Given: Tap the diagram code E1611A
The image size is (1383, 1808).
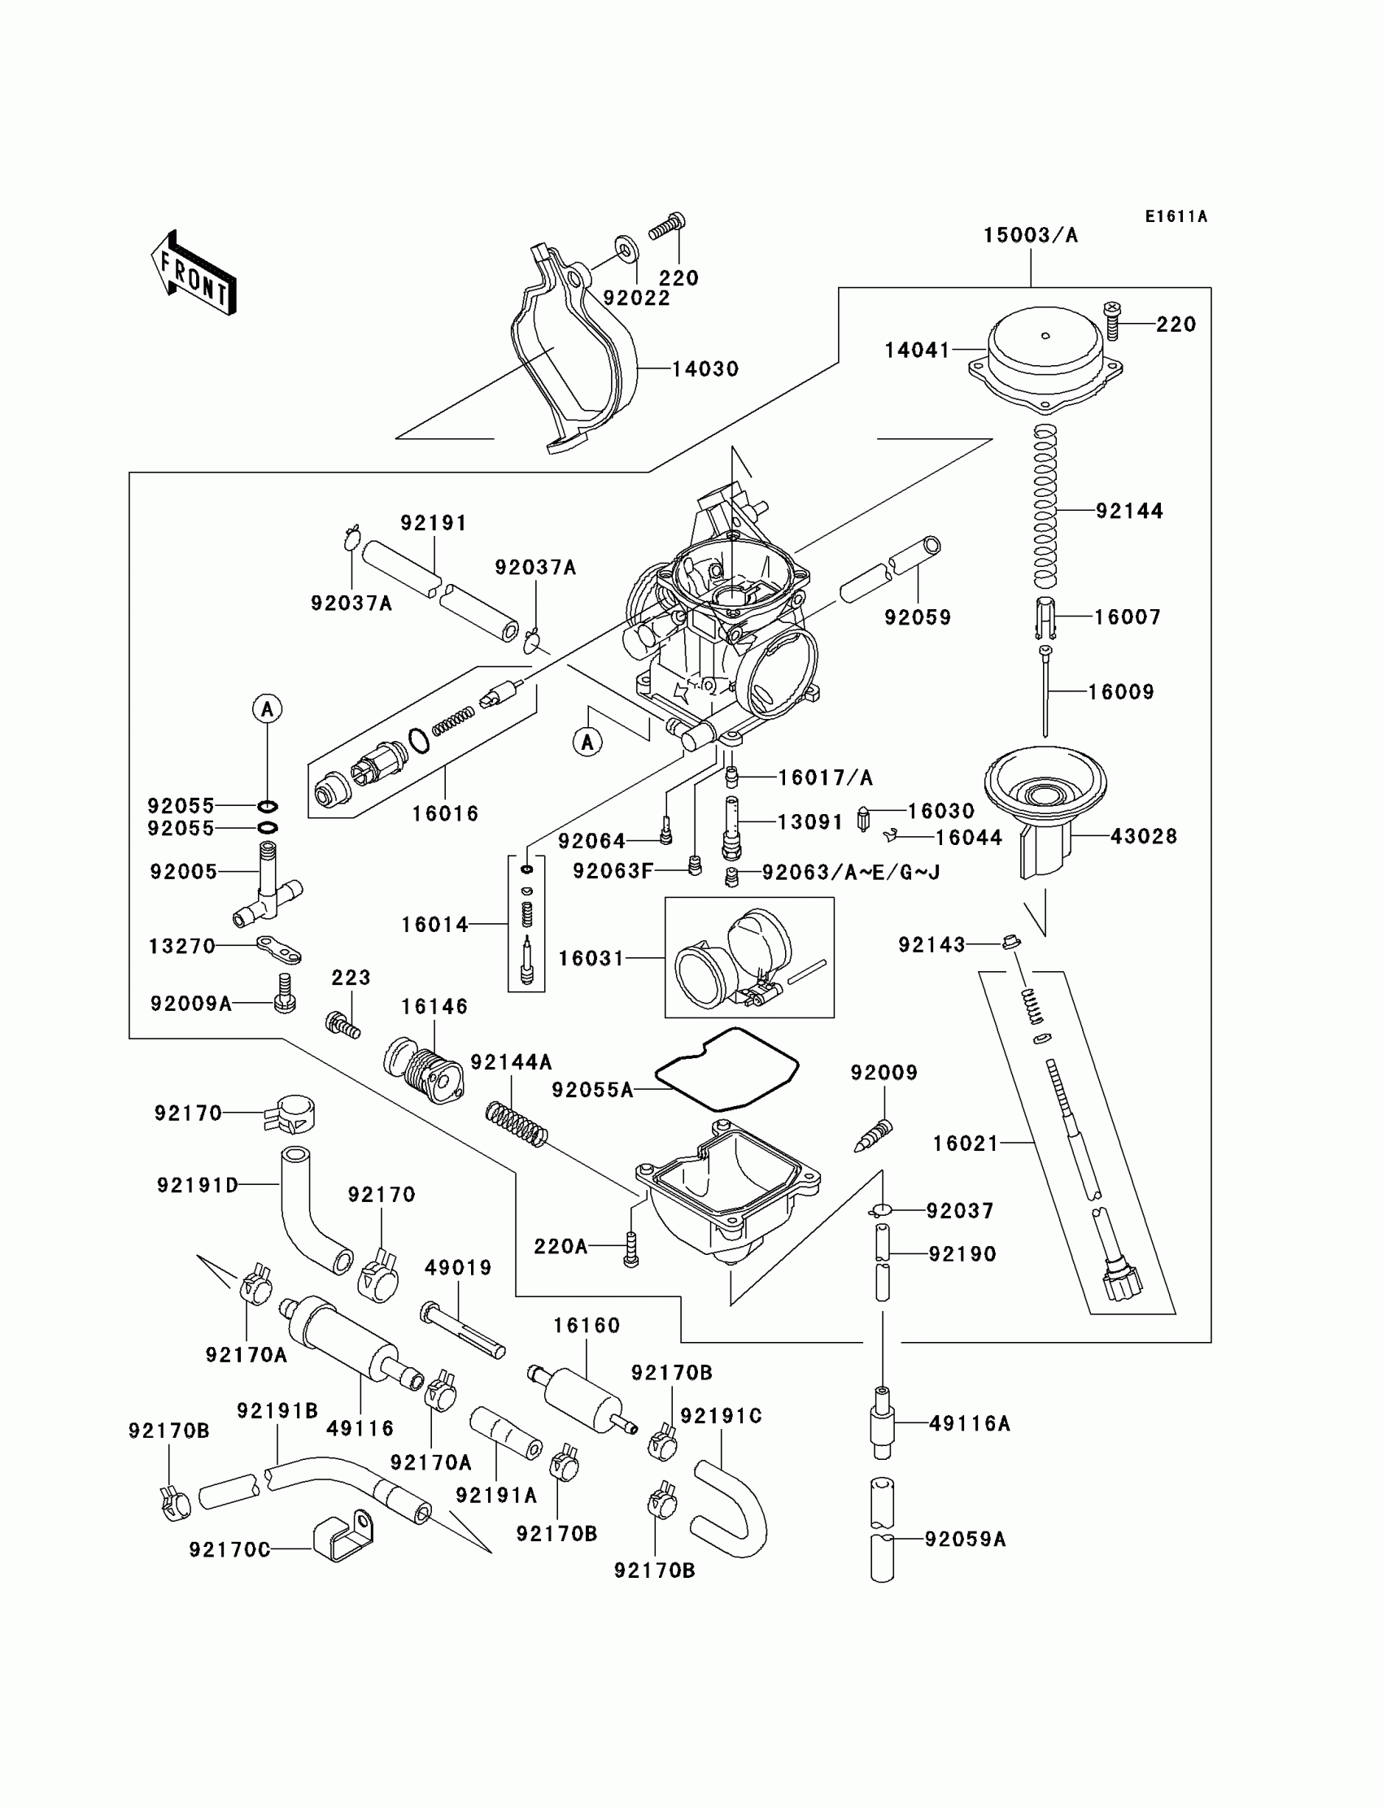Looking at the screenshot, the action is click(x=1176, y=216).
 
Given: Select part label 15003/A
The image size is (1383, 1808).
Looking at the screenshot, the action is click(x=1031, y=235).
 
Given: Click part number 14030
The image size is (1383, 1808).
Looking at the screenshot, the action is click(x=705, y=368).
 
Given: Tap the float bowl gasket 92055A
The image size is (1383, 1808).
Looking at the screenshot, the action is click(x=727, y=1069).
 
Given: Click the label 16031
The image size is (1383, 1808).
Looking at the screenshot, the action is click(x=591, y=958).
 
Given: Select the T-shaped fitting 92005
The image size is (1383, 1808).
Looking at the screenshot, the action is click(x=268, y=885).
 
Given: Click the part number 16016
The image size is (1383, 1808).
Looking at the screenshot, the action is click(x=445, y=813).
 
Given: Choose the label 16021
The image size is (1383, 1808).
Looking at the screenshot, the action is click(x=966, y=1143).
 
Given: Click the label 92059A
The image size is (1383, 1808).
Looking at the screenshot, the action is click(x=966, y=1539).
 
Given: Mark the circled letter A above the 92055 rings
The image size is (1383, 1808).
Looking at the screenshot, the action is click(x=267, y=708).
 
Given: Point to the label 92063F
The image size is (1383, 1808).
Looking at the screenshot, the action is click(x=613, y=871).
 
